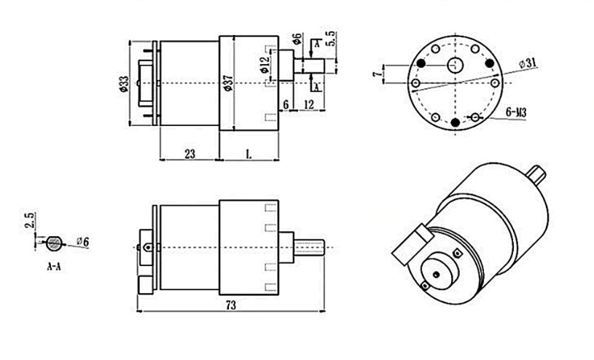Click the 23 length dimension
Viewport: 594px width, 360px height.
(189, 154)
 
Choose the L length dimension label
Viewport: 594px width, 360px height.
(249, 154)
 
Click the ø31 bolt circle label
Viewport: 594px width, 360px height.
(528, 63)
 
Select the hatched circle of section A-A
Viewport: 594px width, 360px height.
(55, 242)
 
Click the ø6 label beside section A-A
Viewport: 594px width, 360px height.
(82, 241)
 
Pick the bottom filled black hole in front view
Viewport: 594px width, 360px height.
(456, 122)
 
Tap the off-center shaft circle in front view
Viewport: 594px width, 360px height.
(456, 65)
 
